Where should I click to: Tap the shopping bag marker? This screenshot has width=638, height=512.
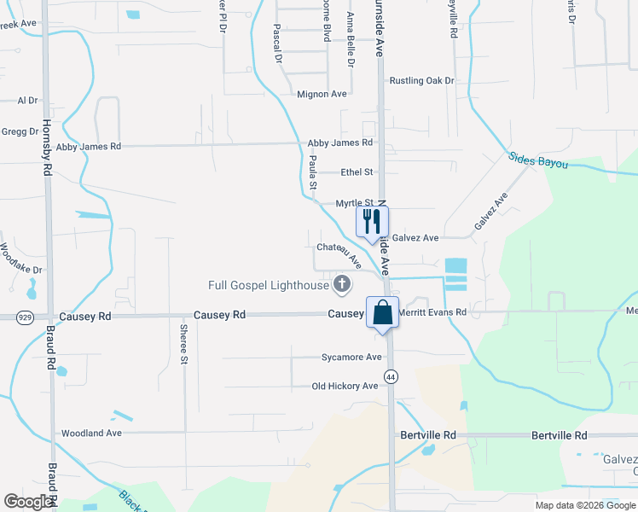click(x=383, y=312)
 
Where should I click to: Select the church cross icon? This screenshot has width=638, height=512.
click(x=342, y=284)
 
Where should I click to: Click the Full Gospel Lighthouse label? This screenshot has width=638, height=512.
click(x=269, y=285)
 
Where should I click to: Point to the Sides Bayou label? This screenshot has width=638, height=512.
click(x=538, y=160)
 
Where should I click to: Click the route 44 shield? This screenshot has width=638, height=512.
click(x=391, y=375)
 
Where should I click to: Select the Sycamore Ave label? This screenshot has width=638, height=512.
click(x=351, y=358)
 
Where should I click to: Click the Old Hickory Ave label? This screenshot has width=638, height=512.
click(x=345, y=387)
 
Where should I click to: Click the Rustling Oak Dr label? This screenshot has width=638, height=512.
click(x=422, y=81)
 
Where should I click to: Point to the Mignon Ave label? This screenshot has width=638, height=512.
click(x=322, y=94)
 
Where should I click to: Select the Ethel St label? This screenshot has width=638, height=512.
click(x=357, y=172)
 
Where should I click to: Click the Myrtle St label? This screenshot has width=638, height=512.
click(x=354, y=203)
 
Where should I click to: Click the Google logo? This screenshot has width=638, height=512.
click(x=29, y=502)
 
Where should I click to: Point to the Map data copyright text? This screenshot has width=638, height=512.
click(x=584, y=505)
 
